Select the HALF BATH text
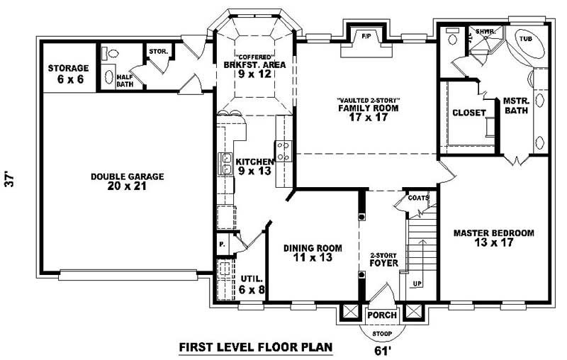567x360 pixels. tap(125, 81)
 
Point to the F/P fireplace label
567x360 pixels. tap(366, 35)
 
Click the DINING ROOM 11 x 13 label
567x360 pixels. tap(313, 254)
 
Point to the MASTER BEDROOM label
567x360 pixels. tap(493, 237)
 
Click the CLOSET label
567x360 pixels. tap(468, 113)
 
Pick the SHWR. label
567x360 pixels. tap(485, 32)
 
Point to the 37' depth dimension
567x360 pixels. tap(10, 179)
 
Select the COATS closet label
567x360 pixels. tap(418, 198)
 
